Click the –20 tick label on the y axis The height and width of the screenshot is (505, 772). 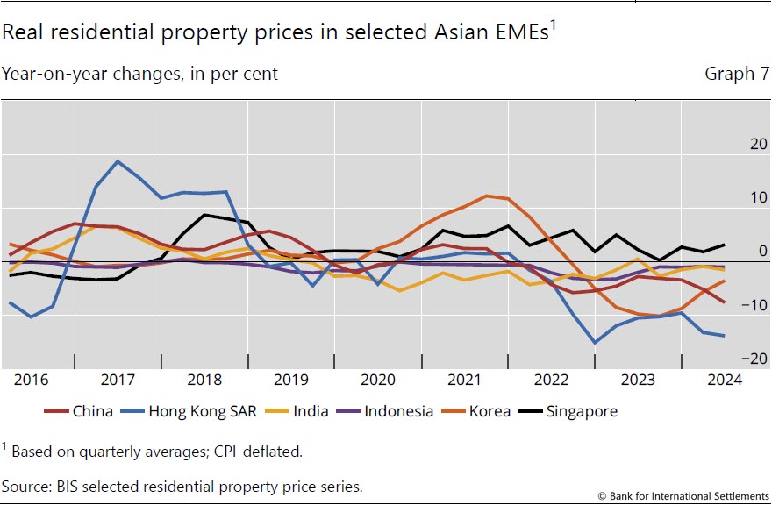(732, 359)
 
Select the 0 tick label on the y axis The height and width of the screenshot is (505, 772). (739, 252)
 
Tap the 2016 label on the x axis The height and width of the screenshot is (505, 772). (32, 380)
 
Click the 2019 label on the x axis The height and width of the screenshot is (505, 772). (292, 380)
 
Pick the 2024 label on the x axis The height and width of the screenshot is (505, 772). (724, 380)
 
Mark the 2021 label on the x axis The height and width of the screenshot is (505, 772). (464, 380)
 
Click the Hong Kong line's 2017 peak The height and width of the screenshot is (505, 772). (118, 161)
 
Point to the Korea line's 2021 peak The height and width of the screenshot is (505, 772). (485, 196)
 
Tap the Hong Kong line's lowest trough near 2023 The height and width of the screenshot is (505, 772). (596, 343)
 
